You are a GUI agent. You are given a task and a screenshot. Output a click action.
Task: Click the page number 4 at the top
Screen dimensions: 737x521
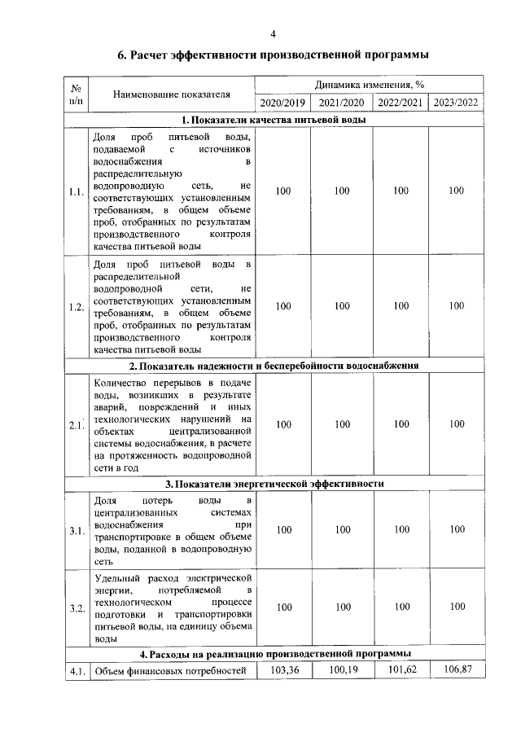273,33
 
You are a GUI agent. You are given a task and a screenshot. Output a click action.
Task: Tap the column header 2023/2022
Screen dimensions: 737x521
456,103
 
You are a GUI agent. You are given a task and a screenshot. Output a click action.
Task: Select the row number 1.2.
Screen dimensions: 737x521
77,306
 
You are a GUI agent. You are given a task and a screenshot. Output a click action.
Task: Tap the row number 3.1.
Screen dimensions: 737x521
77,532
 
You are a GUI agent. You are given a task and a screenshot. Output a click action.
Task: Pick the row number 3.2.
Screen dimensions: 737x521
77,608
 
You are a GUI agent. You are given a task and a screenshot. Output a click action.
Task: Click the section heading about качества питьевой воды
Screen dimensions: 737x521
274,120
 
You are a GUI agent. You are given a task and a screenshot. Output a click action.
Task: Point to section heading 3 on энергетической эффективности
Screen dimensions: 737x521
274,483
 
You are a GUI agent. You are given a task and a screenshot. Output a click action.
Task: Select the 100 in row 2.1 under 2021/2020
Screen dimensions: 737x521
342,424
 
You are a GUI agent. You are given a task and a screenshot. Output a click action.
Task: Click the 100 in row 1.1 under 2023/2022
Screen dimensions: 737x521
457,191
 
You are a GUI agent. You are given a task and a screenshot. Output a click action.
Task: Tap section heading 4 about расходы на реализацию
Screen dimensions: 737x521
274,654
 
